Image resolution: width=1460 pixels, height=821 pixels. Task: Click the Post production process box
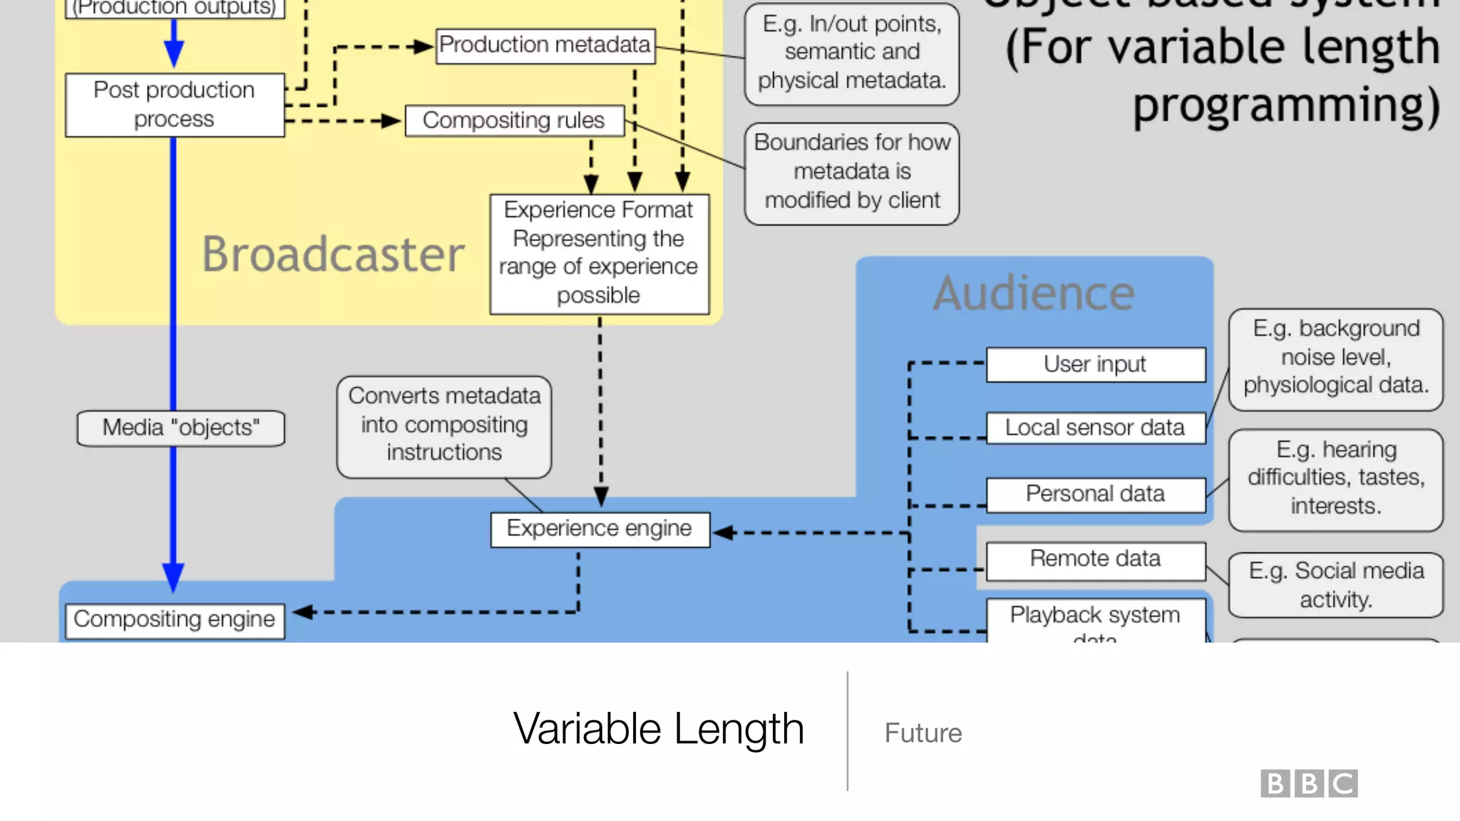tap(175, 105)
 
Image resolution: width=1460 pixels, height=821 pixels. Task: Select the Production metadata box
tap(545, 46)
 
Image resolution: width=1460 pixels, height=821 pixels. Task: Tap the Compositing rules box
tap(514, 120)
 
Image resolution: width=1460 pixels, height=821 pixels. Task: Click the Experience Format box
tap(599, 254)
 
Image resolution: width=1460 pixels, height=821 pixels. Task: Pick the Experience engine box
tap(600, 530)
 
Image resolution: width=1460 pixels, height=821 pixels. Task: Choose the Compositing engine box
tap(175, 620)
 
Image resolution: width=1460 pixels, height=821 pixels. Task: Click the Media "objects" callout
tap(181, 428)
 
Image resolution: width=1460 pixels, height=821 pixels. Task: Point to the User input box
tap(1095, 365)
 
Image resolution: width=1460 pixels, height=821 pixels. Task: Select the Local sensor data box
tap(1095, 428)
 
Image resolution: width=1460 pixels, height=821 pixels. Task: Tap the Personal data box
tap(1095, 495)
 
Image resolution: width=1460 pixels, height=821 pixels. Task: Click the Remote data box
tap(1095, 559)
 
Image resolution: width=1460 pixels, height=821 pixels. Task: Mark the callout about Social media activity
tap(1335, 585)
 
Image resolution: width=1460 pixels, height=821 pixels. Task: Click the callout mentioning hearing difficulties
tap(1335, 478)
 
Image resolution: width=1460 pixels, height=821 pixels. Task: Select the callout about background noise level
tap(1335, 358)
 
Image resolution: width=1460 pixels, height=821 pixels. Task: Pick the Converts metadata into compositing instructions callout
tap(444, 425)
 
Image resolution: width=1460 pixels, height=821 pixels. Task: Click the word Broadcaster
tap(333, 254)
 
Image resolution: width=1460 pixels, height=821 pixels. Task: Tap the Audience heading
tap(1034, 293)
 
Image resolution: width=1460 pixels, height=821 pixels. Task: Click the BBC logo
tap(1309, 783)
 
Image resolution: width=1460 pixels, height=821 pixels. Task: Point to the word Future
tap(923, 733)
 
